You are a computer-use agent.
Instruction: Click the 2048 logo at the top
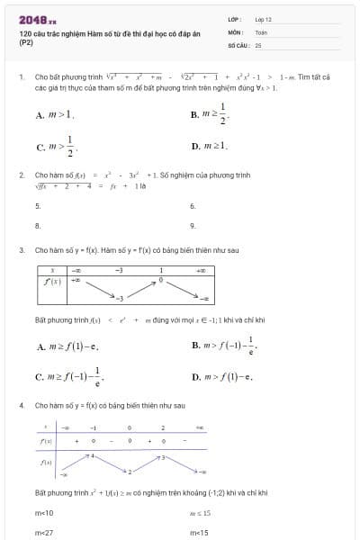pos(36,18)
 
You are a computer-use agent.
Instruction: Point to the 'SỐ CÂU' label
pos(238,43)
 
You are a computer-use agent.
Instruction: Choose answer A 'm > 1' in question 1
pos(56,115)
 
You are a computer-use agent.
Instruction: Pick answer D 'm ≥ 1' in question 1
pos(210,144)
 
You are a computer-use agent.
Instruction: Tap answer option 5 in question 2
pos(37,205)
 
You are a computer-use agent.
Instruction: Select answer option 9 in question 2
pos(193,225)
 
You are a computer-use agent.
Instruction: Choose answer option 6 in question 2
pos(193,205)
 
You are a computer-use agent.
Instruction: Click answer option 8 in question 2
pos(37,225)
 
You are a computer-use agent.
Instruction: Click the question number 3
pos(21,249)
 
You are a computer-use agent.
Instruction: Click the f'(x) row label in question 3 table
pos(52,281)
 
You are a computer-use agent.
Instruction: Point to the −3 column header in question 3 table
pos(118,269)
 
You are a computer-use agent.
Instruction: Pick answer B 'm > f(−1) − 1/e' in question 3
pos(223,345)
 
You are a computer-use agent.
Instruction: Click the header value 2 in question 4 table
pos(162,427)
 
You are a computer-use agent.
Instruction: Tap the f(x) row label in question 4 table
pos(45,462)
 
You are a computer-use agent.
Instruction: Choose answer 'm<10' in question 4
pos(44,512)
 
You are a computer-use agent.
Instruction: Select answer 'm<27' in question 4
pos(44,532)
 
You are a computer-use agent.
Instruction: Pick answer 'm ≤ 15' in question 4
pos(199,512)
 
